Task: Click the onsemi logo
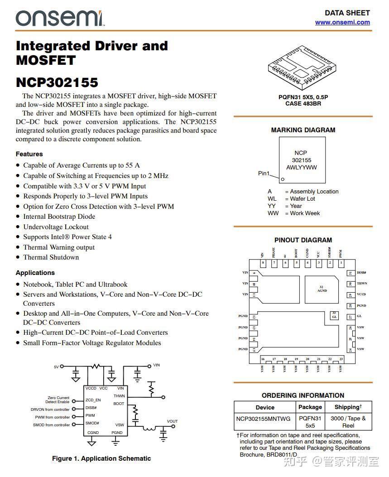point(59,18)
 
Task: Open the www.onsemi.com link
point(342,22)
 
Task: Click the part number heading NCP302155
point(57,82)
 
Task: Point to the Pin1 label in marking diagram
point(264,173)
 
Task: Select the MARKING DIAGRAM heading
point(303,130)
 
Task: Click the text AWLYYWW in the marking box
point(302,168)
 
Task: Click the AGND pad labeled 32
point(322,289)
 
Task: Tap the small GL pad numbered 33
point(334,315)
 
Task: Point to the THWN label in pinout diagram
point(362,284)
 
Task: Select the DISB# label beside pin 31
point(361,273)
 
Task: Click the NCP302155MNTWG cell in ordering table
point(263,419)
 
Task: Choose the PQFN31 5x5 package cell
point(310,422)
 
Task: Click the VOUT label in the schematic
point(172,421)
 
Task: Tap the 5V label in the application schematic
point(56,366)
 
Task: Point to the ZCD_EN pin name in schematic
point(93,400)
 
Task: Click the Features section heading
point(29,154)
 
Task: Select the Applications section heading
point(35,273)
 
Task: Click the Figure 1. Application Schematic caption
point(101,458)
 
